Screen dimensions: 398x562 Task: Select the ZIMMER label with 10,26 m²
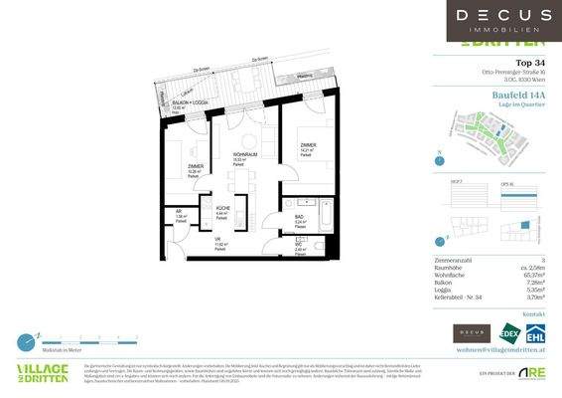click(196, 167)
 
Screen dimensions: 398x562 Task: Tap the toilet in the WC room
click(320, 243)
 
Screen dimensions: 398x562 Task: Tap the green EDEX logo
click(510, 332)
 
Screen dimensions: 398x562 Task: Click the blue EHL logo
click(535, 332)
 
